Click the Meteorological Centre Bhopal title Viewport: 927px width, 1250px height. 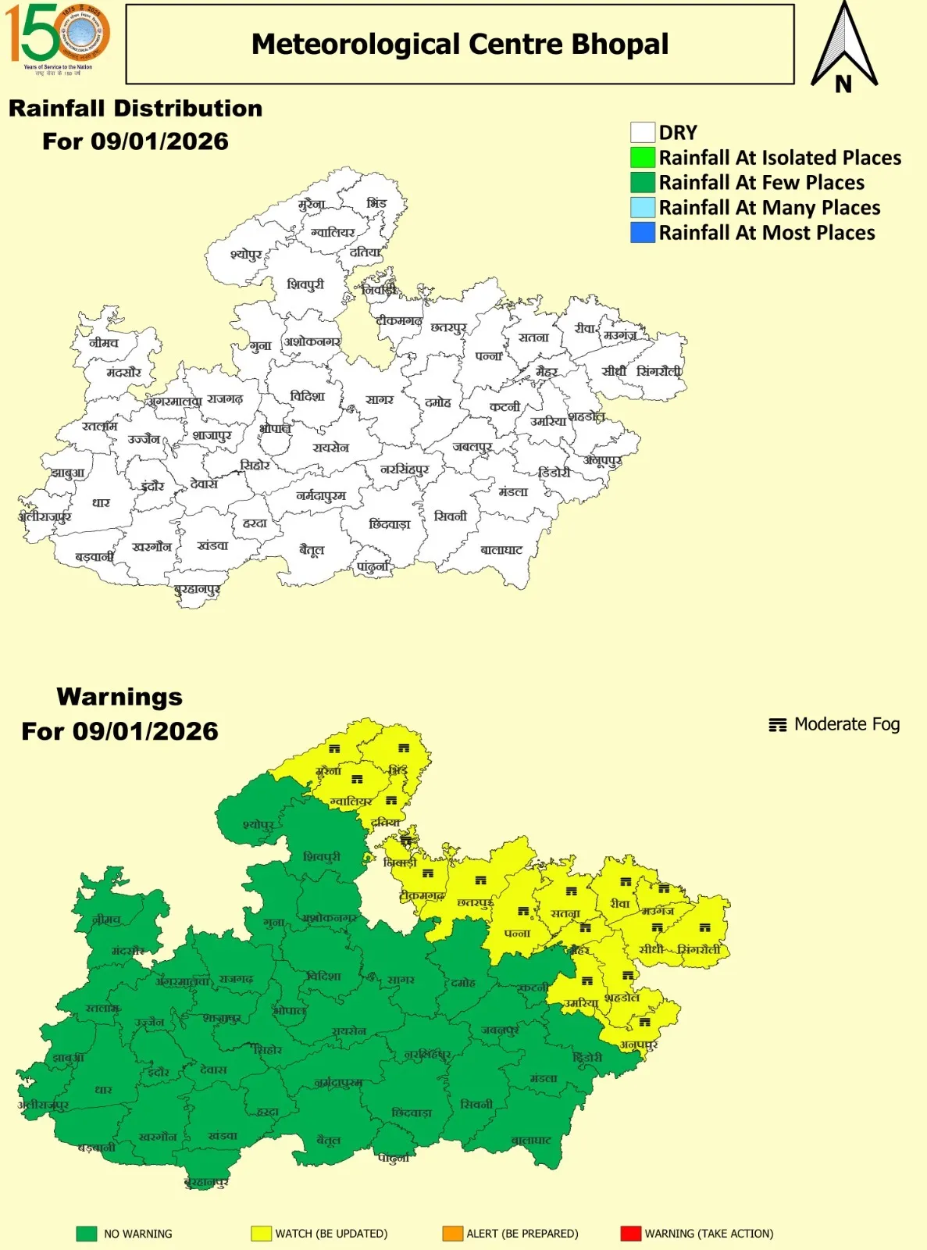[459, 45]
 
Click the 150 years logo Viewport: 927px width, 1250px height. [57, 37]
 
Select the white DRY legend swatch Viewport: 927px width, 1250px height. [642, 132]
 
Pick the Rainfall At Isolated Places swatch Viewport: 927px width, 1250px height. [642, 157]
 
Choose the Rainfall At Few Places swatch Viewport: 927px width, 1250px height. [642, 182]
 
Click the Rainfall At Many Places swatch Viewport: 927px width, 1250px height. [642, 207]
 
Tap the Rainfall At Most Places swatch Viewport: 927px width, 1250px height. [642, 232]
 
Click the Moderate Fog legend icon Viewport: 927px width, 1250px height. [777, 725]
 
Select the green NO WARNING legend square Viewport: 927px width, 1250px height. [86, 1234]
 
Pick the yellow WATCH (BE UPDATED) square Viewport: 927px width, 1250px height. [261, 1234]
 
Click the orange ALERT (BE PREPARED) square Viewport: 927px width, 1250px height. [452, 1234]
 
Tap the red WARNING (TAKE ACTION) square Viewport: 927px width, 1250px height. [630, 1234]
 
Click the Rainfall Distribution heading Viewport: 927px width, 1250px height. [135, 109]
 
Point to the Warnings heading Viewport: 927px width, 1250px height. [119, 696]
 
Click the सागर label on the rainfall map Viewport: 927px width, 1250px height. [380, 400]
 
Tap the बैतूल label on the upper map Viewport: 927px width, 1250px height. [312, 550]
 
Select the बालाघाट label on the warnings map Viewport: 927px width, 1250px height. [531, 1141]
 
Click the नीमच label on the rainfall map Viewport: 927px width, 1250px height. [104, 342]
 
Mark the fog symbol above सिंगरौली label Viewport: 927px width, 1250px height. [704, 928]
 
